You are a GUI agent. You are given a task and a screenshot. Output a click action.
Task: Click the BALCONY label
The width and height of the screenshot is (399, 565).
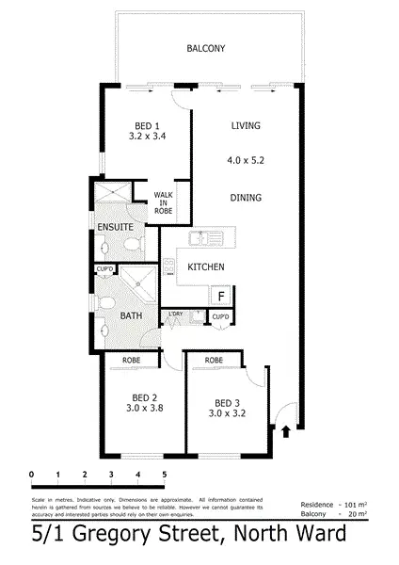206,48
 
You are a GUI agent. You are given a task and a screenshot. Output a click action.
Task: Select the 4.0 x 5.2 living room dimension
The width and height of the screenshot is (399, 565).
245,161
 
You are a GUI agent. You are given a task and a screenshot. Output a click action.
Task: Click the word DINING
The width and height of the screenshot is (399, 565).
246,198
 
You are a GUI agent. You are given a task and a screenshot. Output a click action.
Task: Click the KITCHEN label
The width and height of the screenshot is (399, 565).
205,267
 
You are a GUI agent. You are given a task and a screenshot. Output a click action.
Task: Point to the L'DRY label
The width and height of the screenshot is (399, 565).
174,314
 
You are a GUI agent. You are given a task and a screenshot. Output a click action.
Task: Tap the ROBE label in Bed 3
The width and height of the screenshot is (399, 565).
214,360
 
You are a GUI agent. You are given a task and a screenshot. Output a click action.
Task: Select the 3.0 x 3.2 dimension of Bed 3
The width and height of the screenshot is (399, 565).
221,412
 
